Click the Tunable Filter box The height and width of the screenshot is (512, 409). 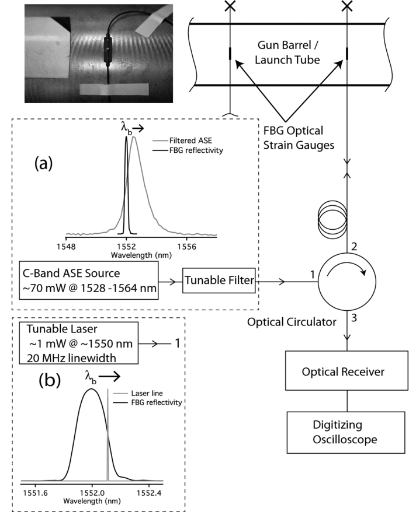(219, 281)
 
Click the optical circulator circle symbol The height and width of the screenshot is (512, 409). (348, 281)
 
